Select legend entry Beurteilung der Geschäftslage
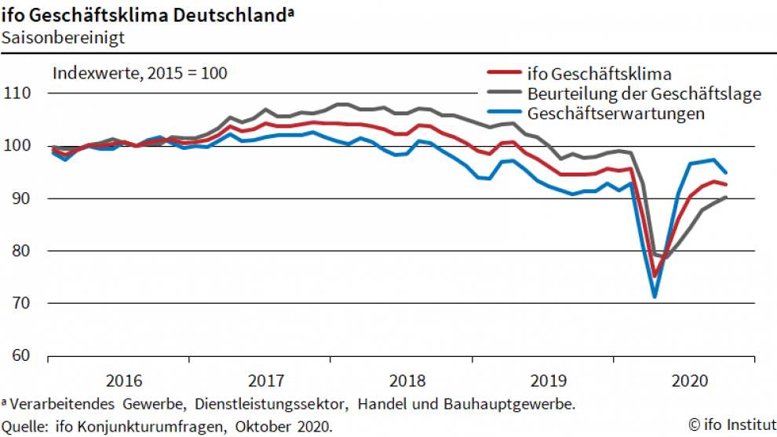pyautogui.click(x=644, y=94)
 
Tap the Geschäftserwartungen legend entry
pyautogui.click(x=616, y=113)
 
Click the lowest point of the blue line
pyautogui.click(x=654, y=297)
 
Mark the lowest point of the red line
pyautogui.click(x=655, y=276)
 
